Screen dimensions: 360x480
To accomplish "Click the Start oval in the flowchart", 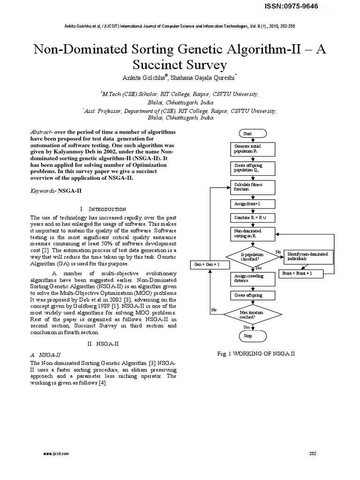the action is (x=253, y=134).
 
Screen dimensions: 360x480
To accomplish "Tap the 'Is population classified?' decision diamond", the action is (x=253, y=256).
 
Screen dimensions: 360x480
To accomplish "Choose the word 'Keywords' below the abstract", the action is (x=43, y=191).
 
